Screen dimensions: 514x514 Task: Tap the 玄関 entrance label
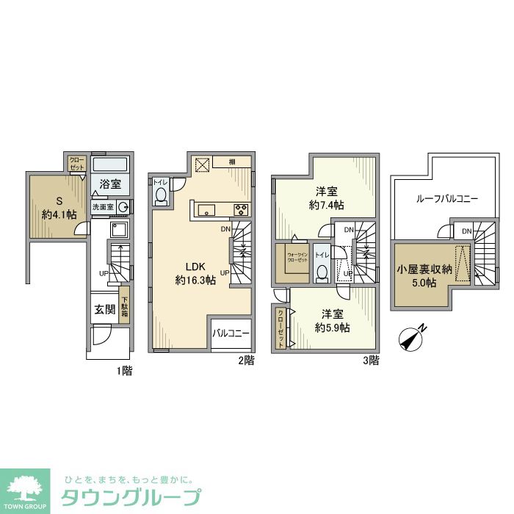[x=104, y=310]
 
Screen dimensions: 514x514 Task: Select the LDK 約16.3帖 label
[x=195, y=273]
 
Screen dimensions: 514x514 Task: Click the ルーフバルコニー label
[x=447, y=199]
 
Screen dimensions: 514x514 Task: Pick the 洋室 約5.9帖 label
[x=332, y=320]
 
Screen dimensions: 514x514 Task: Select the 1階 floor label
[x=123, y=372]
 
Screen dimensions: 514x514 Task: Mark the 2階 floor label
[x=245, y=361]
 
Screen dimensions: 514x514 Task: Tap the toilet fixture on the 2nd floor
[x=162, y=195]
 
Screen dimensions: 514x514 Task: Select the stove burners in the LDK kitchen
[x=242, y=211]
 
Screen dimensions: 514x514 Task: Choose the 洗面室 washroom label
[x=103, y=208]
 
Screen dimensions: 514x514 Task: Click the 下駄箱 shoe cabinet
[x=125, y=305]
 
